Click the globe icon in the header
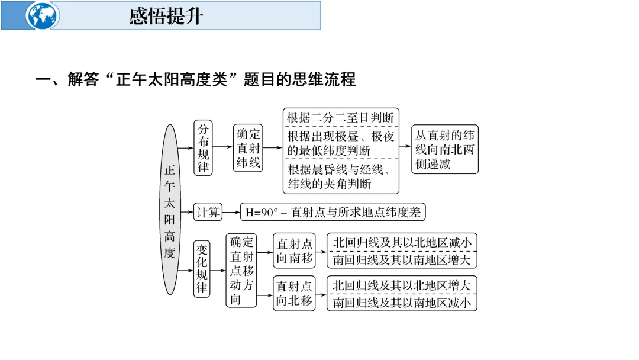pyautogui.click(x=42, y=15)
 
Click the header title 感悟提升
pyautogui.click(x=166, y=16)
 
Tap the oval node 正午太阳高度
pyautogui.click(x=170, y=210)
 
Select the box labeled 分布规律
pyautogui.click(x=203, y=147)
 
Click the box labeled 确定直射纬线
pyautogui.click(x=248, y=147)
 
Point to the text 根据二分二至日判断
pyautogui.click(x=340, y=117)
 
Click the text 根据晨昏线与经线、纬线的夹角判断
pyautogui.click(x=340, y=176)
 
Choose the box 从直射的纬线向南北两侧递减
pyautogui.click(x=445, y=149)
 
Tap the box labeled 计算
pyautogui.click(x=208, y=212)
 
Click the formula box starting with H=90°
pyautogui.click(x=333, y=212)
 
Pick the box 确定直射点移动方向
pyautogui.click(x=241, y=270)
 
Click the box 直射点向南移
pyautogui.click(x=294, y=251)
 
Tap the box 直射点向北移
pyautogui.click(x=294, y=293)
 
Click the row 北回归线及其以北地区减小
pyautogui.click(x=402, y=243)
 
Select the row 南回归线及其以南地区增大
pyautogui.click(x=402, y=259)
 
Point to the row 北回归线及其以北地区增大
pyautogui.click(x=402, y=285)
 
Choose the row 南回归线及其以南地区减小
pyautogui.click(x=402, y=302)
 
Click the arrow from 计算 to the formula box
pyautogui.click(x=231, y=212)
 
